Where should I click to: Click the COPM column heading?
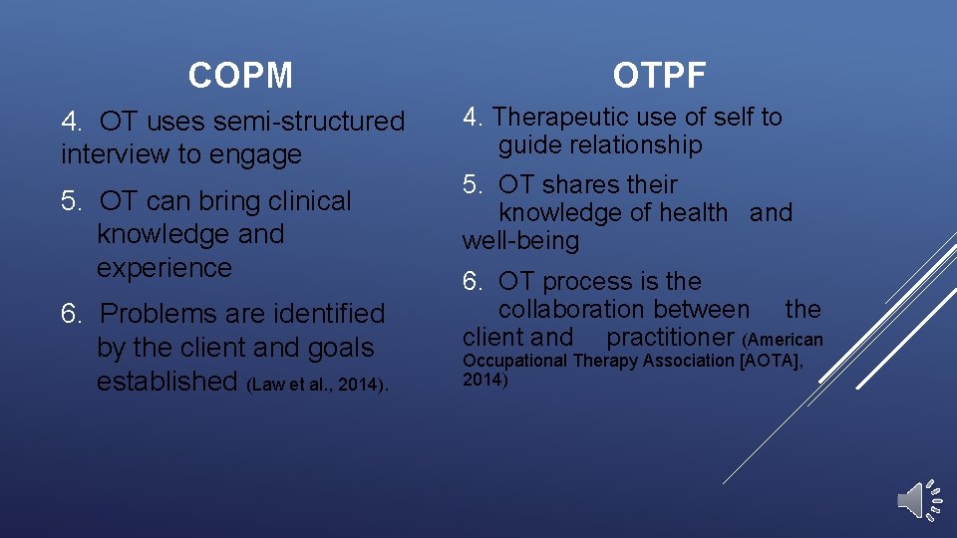point(240,76)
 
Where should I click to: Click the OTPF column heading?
point(660,76)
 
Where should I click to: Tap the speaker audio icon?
point(918,500)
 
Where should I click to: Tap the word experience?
point(164,268)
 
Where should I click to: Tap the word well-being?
point(520,241)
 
